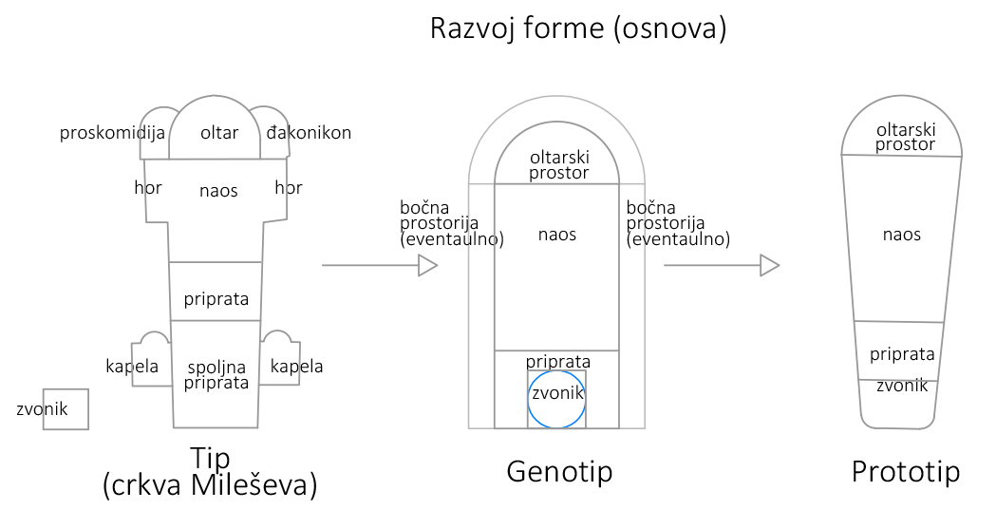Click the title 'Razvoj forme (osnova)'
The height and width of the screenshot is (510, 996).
tap(578, 28)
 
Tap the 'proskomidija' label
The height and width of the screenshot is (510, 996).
tap(113, 132)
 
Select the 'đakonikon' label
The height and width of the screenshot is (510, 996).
tap(309, 132)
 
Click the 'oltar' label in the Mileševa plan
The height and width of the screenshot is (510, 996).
tap(219, 132)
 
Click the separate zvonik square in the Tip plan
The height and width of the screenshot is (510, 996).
tap(66, 409)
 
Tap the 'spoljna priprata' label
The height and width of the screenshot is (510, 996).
tap(216, 374)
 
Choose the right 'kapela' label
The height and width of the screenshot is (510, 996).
tap(296, 366)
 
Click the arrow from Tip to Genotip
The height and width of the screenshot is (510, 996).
tap(380, 266)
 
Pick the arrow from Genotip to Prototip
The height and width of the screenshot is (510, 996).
tap(722, 266)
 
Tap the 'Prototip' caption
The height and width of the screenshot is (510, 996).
tap(905, 471)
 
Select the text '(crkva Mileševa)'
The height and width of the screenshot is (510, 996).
tap(209, 485)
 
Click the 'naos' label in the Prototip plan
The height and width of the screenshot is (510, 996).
tap(901, 234)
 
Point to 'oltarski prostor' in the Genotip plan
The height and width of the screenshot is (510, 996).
tap(558, 165)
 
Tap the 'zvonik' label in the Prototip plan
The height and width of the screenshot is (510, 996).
tap(902, 386)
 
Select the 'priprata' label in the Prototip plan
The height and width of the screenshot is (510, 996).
tap(902, 354)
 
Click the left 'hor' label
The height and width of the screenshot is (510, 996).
tap(148, 188)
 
